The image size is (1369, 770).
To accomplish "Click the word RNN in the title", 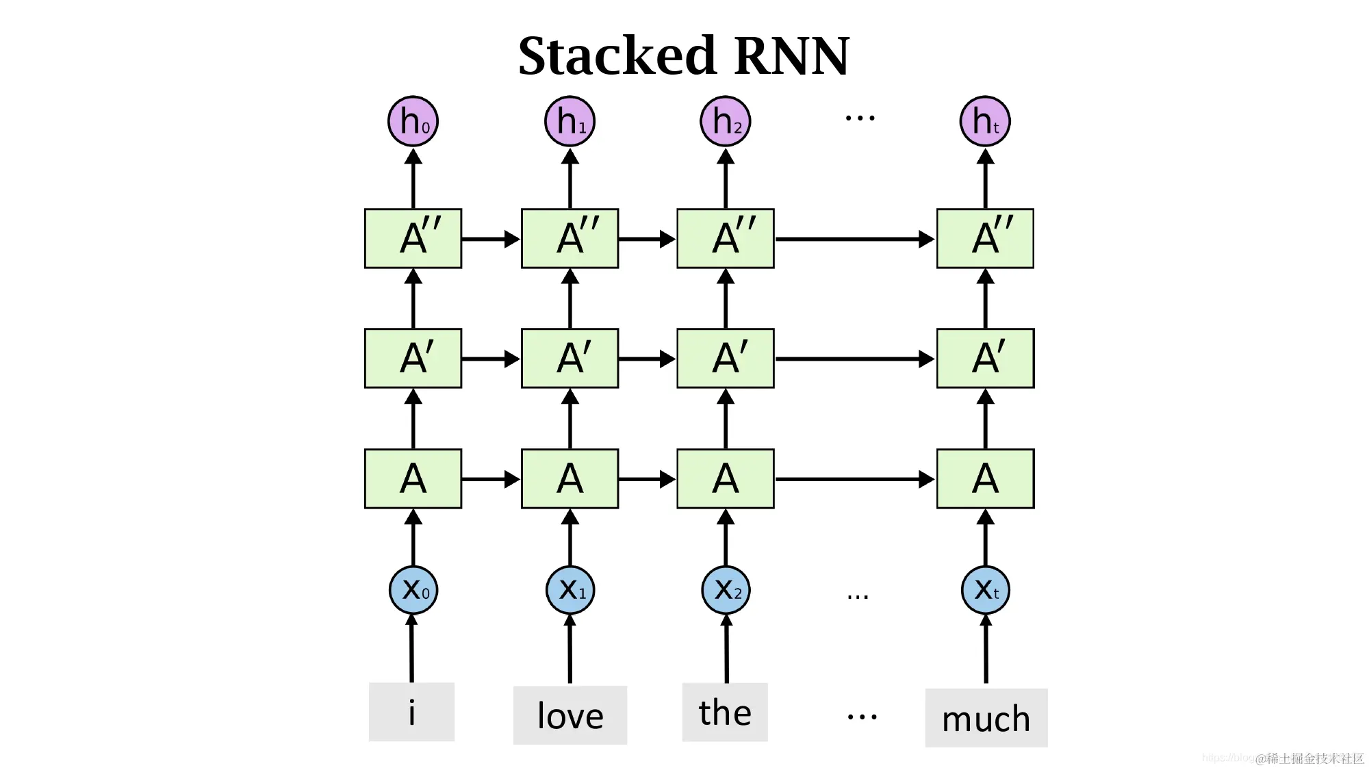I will click(791, 56).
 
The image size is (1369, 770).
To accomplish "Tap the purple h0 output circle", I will click(413, 122).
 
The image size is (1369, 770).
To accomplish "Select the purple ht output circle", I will click(985, 122).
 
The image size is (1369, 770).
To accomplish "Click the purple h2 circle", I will click(726, 122).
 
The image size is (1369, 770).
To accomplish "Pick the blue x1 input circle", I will click(570, 590).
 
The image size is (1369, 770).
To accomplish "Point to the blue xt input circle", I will click(986, 590).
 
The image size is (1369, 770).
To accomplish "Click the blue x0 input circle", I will click(413, 590).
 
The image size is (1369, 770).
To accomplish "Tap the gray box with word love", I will click(570, 715).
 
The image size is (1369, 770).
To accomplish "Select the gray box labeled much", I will click(986, 718).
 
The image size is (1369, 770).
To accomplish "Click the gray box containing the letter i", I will click(411, 712).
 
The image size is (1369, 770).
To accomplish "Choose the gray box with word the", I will click(725, 712).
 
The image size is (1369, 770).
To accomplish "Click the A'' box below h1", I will click(570, 238).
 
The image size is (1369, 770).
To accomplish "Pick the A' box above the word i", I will click(413, 359).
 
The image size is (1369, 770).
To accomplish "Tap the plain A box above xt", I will click(986, 479).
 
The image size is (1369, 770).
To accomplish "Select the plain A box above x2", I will click(726, 479).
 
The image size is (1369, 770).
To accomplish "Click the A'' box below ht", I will click(986, 238).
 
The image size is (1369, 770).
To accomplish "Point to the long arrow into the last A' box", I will click(854, 359).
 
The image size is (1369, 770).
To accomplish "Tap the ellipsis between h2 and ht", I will click(860, 118).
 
